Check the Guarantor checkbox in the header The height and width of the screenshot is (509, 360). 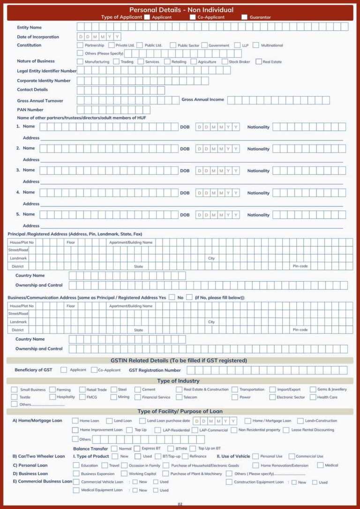[x=244, y=17]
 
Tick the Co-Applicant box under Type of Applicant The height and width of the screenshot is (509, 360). [x=193, y=17]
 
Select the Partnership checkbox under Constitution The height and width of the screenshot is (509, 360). [x=80, y=45]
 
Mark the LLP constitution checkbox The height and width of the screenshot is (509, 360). [x=237, y=45]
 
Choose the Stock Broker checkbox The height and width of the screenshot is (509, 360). [x=225, y=61]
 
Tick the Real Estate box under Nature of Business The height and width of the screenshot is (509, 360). [x=258, y=61]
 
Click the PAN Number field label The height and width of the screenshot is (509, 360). [x=30, y=110]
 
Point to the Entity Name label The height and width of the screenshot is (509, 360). [x=29, y=28]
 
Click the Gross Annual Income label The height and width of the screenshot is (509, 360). [x=202, y=99]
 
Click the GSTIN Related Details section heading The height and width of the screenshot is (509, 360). [x=179, y=360]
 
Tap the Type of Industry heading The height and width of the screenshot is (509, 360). [x=178, y=381]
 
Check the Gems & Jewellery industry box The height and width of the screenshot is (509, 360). [x=313, y=389]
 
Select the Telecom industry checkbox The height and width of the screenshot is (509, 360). [x=180, y=397]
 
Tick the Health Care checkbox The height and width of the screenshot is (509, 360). [x=313, y=397]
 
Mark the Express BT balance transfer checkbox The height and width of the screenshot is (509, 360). [x=137, y=449]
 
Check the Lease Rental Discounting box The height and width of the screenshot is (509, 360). [x=286, y=430]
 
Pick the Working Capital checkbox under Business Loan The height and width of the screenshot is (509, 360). [x=124, y=474]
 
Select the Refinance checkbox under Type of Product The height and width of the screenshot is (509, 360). [x=185, y=456]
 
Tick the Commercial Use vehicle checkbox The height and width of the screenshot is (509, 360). [x=292, y=456]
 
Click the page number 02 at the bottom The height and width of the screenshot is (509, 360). [x=180, y=504]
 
